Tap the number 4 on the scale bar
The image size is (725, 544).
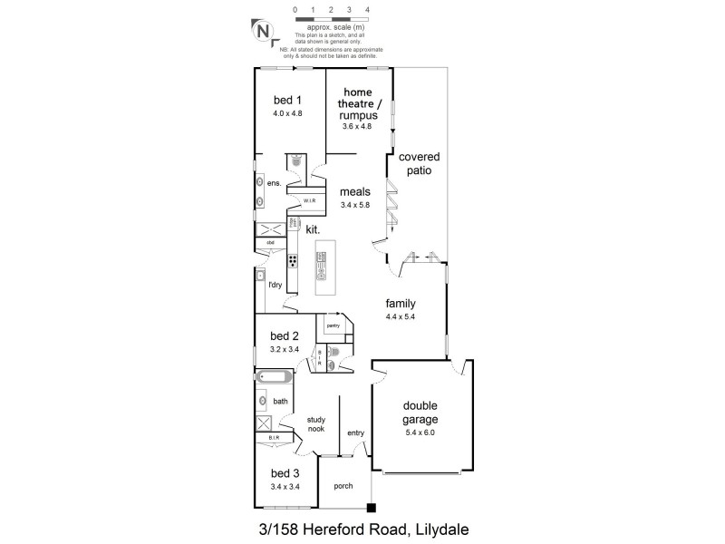click(x=367, y=9)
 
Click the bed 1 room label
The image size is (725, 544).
click(x=286, y=102)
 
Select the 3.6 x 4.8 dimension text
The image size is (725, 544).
click(x=356, y=126)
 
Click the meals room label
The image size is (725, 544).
click(x=356, y=192)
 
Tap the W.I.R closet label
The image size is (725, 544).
click(x=309, y=201)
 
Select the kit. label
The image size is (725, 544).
click(x=312, y=230)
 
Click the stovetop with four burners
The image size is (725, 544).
click(x=294, y=260)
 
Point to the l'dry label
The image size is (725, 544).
click(x=275, y=285)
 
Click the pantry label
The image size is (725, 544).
click(x=333, y=324)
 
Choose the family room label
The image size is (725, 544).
click(x=401, y=304)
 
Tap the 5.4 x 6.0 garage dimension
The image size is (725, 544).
click(x=420, y=433)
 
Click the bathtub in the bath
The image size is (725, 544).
click(x=273, y=376)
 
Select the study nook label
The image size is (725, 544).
click(x=316, y=423)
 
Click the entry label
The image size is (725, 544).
click(x=355, y=433)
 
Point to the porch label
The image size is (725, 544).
click(x=343, y=486)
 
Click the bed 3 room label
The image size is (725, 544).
click(x=285, y=473)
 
